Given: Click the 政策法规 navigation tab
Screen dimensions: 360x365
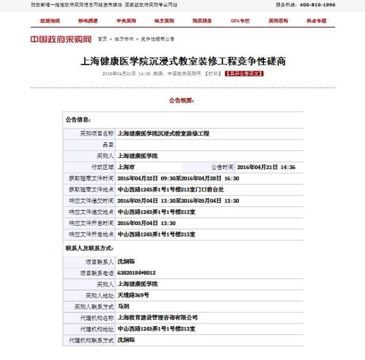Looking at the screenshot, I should coord(49,21).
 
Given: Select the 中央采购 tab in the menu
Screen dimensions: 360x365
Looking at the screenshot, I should coord(126,21).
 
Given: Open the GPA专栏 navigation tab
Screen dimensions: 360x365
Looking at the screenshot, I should coord(240,21).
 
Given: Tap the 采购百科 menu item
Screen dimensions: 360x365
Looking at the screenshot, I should coord(278,21).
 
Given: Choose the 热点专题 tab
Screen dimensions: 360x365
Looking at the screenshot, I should coord(317,21).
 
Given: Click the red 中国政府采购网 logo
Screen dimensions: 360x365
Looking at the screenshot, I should coord(61,39).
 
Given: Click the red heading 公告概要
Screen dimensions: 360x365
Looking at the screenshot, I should coord(181,100).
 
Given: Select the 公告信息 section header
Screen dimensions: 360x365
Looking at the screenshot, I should coord(78,120).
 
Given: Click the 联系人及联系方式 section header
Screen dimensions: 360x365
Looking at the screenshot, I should coord(89,248).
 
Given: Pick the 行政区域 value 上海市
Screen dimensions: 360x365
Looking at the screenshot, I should coord(126,167).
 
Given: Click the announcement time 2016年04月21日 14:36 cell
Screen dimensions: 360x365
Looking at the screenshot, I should coord(266,167).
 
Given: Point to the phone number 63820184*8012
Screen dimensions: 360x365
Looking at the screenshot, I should coord(136,273).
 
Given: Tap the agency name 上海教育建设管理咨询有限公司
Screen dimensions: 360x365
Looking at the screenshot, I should coord(157,317).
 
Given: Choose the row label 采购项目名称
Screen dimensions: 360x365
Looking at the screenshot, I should coord(95,133).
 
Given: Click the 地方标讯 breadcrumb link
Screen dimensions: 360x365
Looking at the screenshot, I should coord(123,39).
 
